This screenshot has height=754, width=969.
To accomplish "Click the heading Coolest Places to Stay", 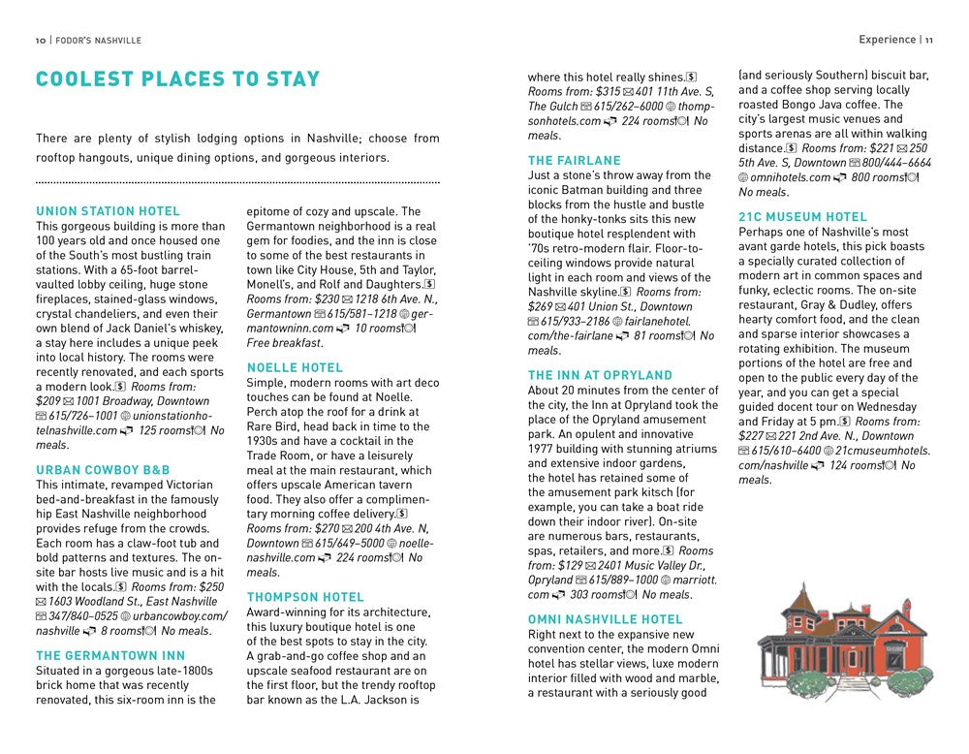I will click(x=177, y=80).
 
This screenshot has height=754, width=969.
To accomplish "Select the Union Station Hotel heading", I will click(x=108, y=211).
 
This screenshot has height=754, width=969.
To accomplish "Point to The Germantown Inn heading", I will click(x=110, y=655).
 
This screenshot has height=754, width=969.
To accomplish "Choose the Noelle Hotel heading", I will click(x=295, y=367).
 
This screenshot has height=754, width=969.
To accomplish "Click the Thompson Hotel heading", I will click(x=305, y=597).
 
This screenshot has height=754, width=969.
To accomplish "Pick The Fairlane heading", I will click(x=575, y=161).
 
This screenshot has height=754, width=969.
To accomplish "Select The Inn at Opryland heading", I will click(x=600, y=375).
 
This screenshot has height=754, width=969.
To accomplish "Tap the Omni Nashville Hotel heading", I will click(x=606, y=619).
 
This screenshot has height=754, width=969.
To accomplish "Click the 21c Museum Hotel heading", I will click(x=803, y=217).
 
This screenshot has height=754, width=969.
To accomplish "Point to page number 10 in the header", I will click(x=41, y=41).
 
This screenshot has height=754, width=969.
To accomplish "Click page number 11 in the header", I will click(x=928, y=40).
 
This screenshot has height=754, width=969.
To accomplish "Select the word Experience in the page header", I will click(x=887, y=40).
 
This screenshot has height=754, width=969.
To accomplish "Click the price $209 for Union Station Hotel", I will click(x=48, y=400).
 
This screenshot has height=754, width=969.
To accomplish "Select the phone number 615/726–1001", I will click(x=83, y=415).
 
